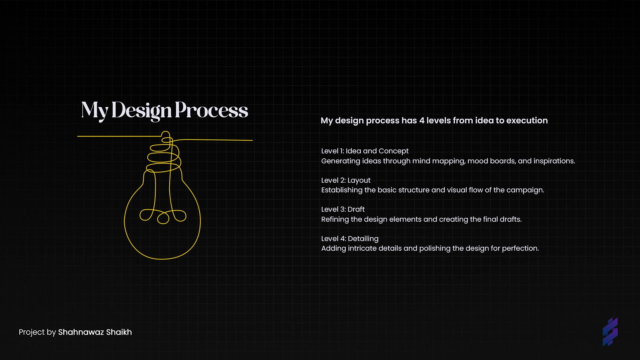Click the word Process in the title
point(211,110)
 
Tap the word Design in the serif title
point(142,111)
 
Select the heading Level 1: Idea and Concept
point(365,151)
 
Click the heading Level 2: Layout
point(346,180)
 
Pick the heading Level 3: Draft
point(343,209)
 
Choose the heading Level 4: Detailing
point(350,239)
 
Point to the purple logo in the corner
point(610,332)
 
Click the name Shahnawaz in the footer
point(81,332)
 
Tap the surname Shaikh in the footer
point(119,332)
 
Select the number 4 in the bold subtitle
point(422,121)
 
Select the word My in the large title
point(95,111)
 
